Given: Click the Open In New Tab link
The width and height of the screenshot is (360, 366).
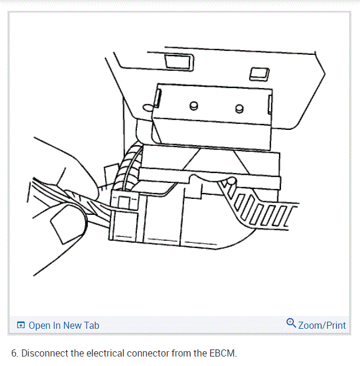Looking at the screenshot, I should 63,325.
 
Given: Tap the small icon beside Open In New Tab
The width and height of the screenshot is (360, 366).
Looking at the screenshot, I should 21,325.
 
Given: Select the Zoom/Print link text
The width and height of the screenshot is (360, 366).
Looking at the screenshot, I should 322,325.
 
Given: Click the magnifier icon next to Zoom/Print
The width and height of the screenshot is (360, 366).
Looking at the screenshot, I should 291,323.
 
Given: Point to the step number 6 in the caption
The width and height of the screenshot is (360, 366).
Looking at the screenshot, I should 14,354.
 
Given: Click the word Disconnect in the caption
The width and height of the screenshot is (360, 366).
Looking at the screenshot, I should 42,354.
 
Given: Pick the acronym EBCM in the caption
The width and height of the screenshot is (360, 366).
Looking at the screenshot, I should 222,354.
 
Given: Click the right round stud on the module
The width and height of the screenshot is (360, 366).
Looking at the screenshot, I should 238,108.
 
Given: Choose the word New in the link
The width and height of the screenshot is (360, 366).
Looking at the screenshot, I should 73,325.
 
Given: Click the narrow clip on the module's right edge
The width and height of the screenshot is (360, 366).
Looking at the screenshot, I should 270,106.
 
